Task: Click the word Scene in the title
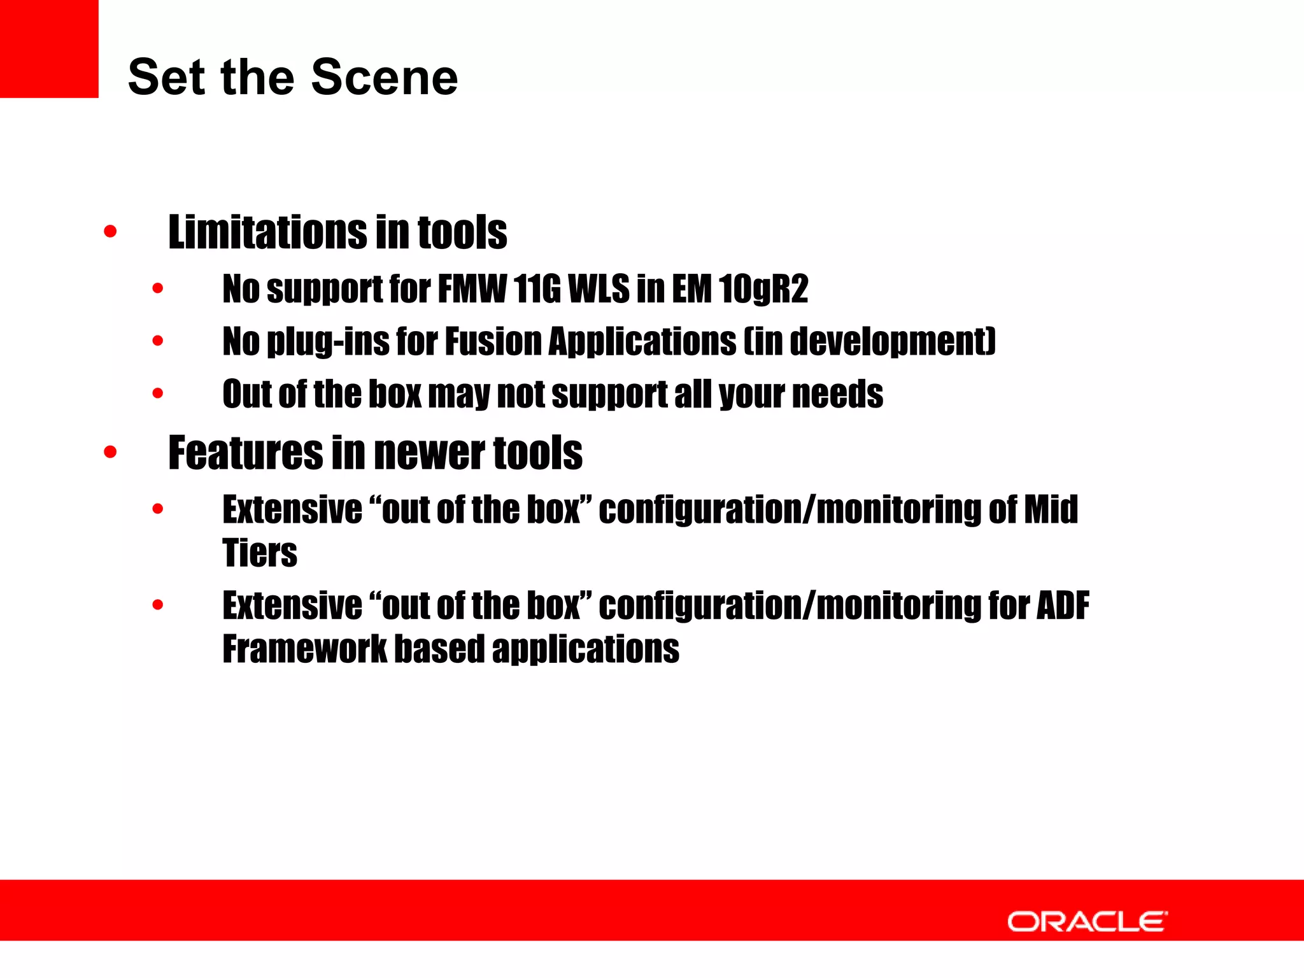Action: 385,78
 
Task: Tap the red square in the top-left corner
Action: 49,48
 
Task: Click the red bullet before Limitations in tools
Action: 110,231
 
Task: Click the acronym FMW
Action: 472,289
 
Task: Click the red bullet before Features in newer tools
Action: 110,452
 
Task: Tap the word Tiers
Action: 260,553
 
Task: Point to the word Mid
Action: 1051,510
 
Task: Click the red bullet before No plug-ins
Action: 158,341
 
